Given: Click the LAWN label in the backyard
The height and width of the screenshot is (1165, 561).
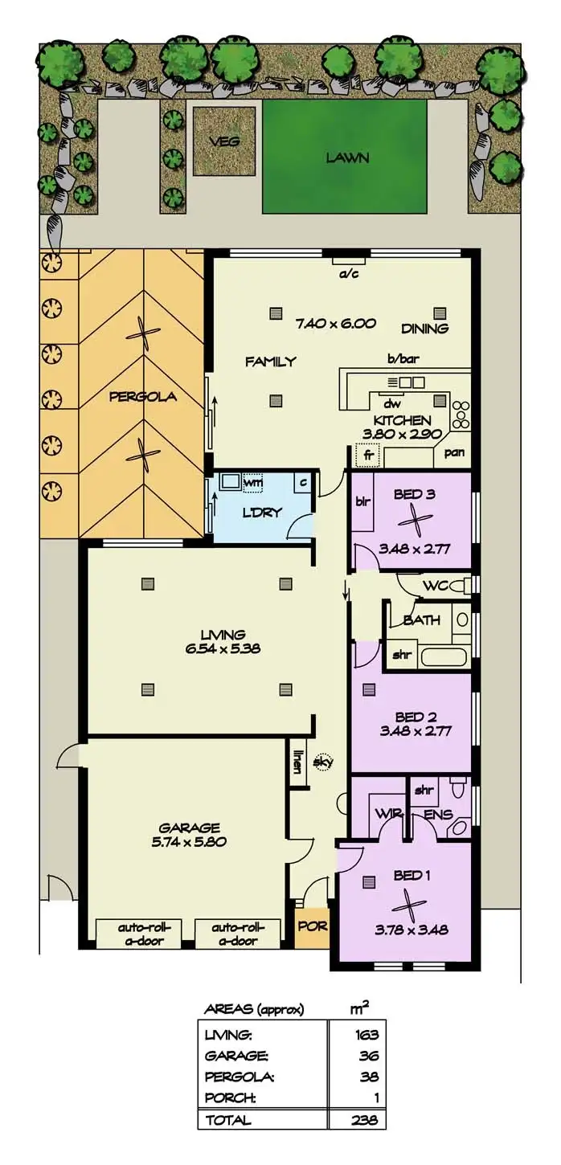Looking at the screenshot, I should click(x=347, y=158).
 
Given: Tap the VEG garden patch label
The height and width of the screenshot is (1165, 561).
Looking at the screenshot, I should click(x=223, y=141).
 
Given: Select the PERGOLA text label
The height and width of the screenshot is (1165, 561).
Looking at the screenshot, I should click(x=143, y=396).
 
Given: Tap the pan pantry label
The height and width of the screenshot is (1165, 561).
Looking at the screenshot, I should click(x=453, y=453).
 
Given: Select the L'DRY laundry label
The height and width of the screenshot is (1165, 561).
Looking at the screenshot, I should click(x=262, y=512).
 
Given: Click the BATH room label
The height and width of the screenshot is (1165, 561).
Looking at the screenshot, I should click(x=421, y=620).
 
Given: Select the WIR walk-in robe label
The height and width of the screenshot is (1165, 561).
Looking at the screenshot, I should click(x=383, y=813).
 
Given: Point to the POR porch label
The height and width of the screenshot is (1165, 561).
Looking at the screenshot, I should click(x=312, y=926).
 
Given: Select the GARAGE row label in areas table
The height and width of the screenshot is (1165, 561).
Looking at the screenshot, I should click(x=236, y=1056).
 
